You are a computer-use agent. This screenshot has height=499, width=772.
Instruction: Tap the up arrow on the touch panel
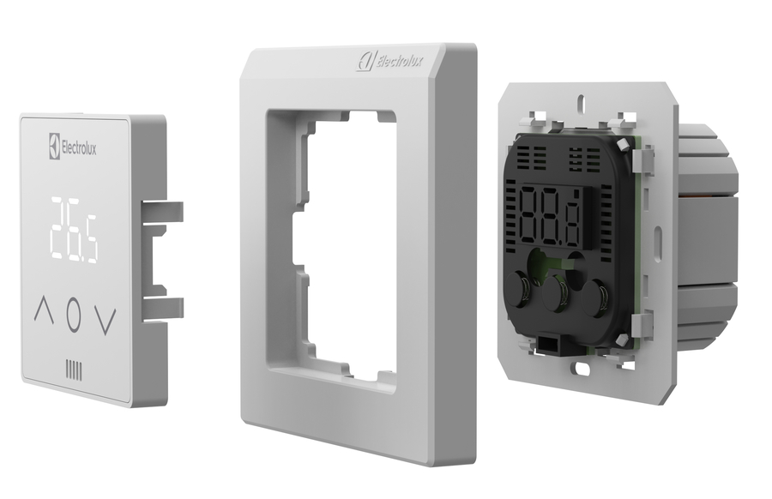tap(44, 310)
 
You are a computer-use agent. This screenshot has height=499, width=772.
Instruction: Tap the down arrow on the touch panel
tap(106, 321)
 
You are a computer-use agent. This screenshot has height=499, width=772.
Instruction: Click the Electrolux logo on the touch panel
tap(72, 146)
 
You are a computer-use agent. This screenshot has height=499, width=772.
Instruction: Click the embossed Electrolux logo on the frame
tap(389, 63)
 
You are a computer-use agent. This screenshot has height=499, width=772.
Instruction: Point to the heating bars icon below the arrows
tap(74, 370)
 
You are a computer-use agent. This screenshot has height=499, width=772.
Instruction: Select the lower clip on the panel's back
tap(162, 309)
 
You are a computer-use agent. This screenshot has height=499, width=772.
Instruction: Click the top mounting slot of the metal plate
tap(582, 100)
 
